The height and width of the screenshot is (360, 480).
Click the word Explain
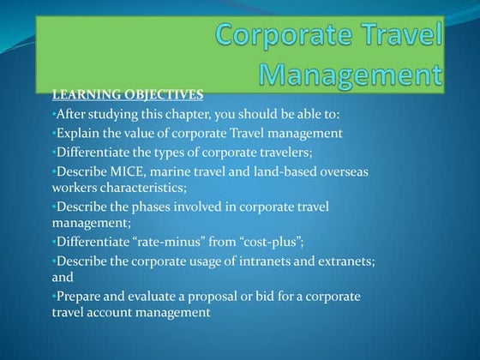pyautogui.click(x=78, y=132)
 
